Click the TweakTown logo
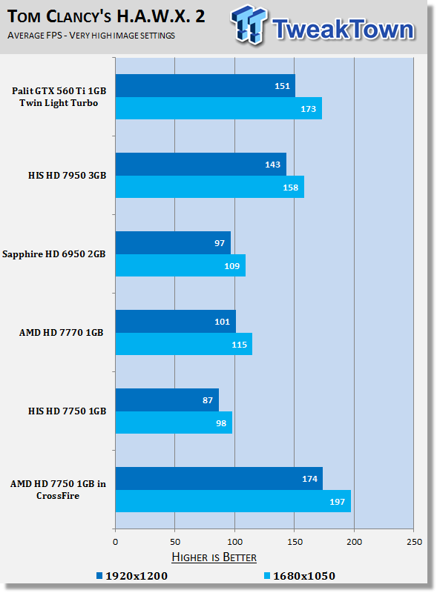(x=323, y=25)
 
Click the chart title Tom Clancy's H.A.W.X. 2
(x=106, y=16)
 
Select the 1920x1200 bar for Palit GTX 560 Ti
(x=206, y=86)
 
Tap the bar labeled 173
(x=218, y=108)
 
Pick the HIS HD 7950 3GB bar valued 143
(x=201, y=164)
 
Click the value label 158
(x=290, y=188)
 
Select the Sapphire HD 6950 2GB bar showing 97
(x=173, y=243)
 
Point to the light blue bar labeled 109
(x=180, y=265)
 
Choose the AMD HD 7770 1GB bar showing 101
(x=176, y=322)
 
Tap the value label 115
(x=240, y=345)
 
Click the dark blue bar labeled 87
(x=167, y=400)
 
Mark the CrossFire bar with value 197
(x=233, y=501)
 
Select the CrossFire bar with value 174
(x=219, y=479)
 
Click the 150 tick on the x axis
(x=295, y=542)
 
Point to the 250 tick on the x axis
(x=414, y=542)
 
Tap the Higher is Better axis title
(x=214, y=557)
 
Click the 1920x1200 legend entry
(x=132, y=576)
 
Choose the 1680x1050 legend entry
(x=300, y=576)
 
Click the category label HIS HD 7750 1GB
(x=67, y=411)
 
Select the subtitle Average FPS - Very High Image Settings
(x=91, y=36)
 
